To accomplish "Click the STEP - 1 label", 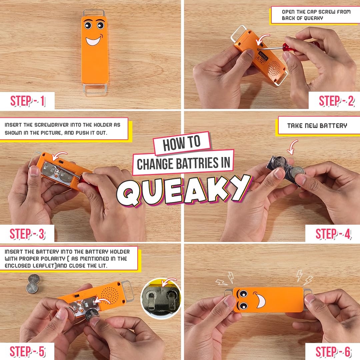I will click(x=27, y=101).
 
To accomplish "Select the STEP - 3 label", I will click(x=27, y=234).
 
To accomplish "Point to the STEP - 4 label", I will click(x=333, y=234).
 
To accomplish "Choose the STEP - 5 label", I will click(x=27, y=351).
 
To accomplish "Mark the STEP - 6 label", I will click(x=333, y=351).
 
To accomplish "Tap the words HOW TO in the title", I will click(x=182, y=144).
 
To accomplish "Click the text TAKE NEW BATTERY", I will click(x=317, y=126).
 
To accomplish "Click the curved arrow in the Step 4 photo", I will click(x=292, y=147).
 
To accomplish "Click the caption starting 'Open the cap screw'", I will click(x=315, y=15).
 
